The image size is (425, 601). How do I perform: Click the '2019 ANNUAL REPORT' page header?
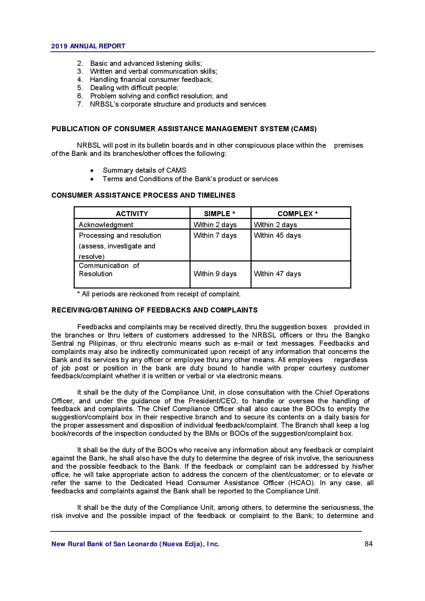(x=88, y=46)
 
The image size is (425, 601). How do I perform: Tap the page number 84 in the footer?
(x=368, y=544)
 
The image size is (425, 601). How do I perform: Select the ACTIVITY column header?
(x=132, y=214)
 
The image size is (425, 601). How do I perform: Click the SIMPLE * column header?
(x=219, y=214)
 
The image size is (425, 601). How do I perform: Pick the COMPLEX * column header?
(x=297, y=214)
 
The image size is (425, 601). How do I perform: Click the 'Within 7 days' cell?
(x=215, y=235)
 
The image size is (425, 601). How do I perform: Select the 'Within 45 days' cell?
(x=277, y=235)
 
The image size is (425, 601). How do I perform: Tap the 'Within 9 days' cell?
(x=215, y=274)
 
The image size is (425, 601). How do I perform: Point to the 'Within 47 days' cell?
(x=277, y=274)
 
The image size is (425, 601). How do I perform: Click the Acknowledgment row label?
(x=106, y=225)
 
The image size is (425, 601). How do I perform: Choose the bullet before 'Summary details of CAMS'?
(x=92, y=171)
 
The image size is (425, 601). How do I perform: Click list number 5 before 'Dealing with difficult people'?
(x=80, y=88)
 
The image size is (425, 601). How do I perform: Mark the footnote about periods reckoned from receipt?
(x=159, y=294)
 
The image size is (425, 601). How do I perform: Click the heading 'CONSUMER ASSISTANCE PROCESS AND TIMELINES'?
(x=143, y=195)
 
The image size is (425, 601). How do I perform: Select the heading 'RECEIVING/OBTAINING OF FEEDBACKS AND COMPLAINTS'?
(x=154, y=310)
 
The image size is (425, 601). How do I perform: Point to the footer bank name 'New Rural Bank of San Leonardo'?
(x=135, y=544)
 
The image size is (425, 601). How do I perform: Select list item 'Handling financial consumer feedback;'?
(x=151, y=79)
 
